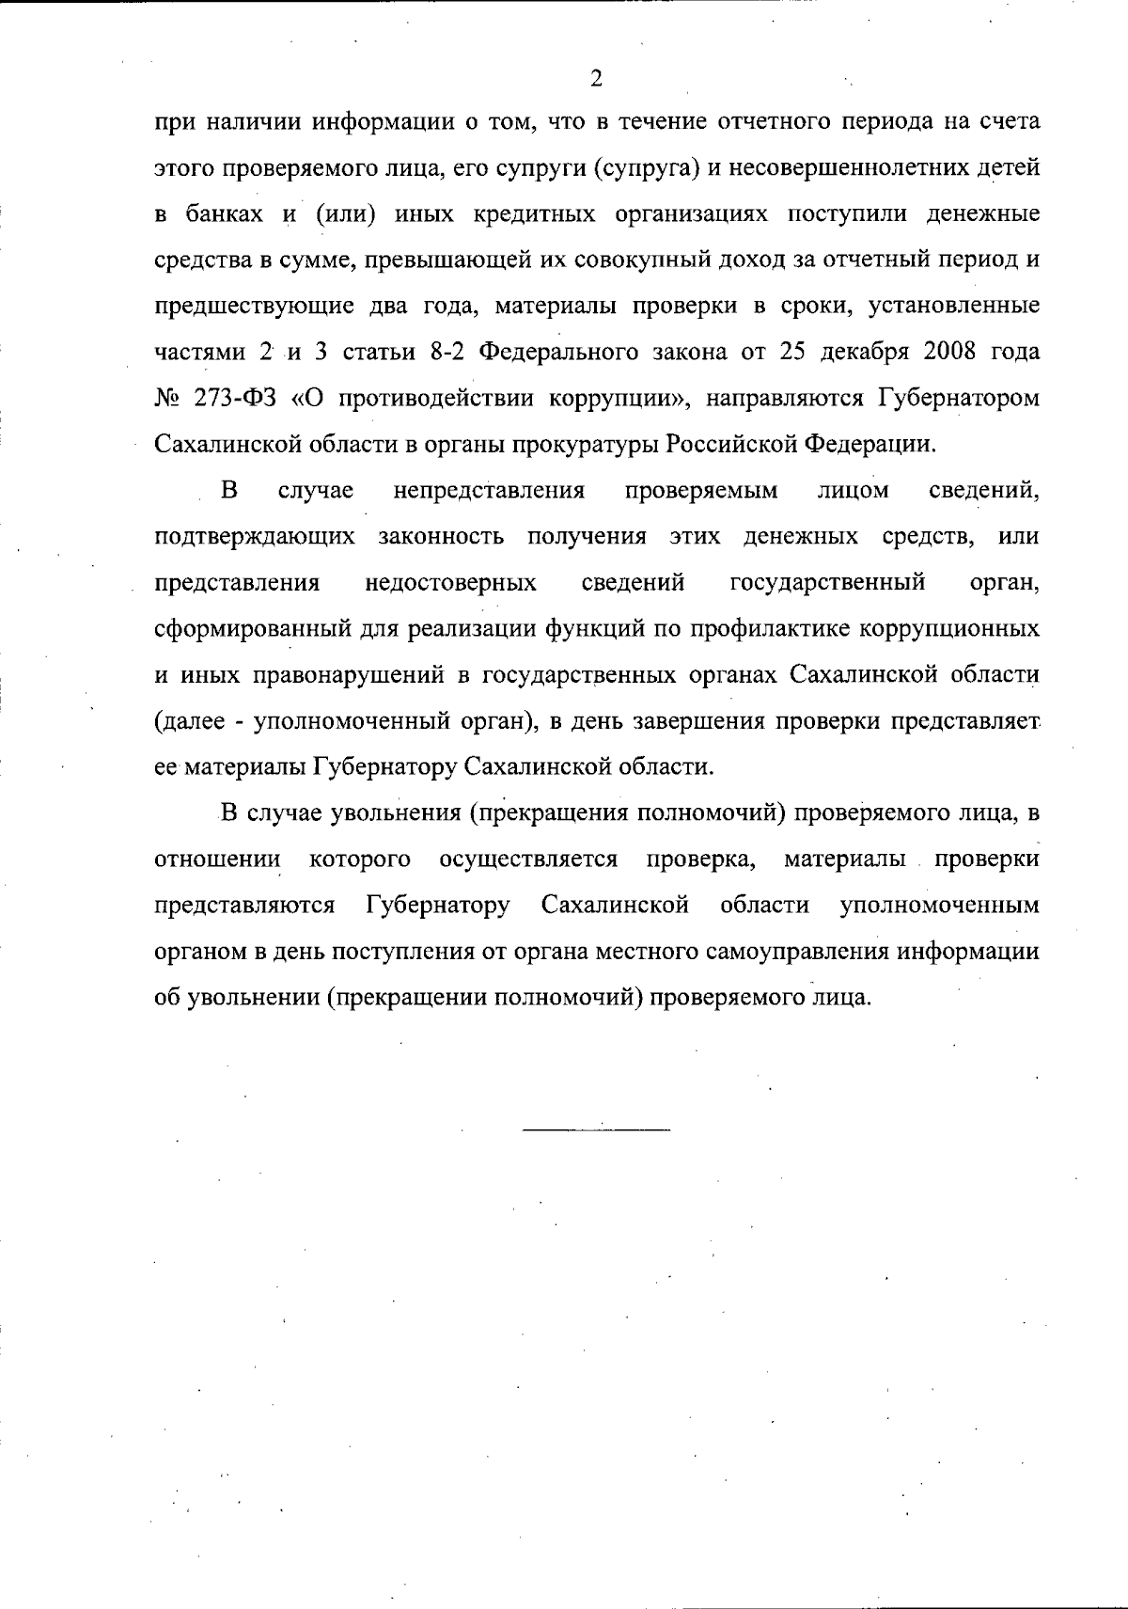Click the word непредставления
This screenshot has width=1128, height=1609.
[x=489, y=491]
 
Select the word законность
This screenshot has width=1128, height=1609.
[x=441, y=537]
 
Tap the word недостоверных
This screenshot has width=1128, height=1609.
[x=450, y=583]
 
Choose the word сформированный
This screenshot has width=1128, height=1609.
[x=248, y=629]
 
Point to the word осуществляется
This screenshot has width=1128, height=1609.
[x=528, y=860]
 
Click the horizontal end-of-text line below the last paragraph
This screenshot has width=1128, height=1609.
[x=596, y=1128]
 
